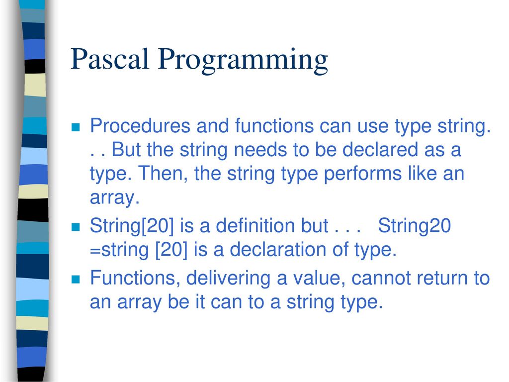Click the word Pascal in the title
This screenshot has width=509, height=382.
[110, 59]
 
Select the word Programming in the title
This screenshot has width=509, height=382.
[243, 61]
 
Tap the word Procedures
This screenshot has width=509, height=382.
[140, 126]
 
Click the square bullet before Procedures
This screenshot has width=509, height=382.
[76, 127]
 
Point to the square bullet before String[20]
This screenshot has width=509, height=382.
[76, 227]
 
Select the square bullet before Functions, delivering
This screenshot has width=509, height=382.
[76, 279]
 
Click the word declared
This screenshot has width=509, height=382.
[380, 149]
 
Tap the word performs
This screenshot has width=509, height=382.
[362, 174]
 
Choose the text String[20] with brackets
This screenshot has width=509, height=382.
[132, 226]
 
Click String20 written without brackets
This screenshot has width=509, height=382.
[415, 226]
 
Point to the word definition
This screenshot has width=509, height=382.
[272, 225]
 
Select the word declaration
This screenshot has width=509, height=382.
[278, 250]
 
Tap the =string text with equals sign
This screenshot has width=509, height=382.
[119, 250]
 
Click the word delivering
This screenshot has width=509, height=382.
[228, 279]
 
